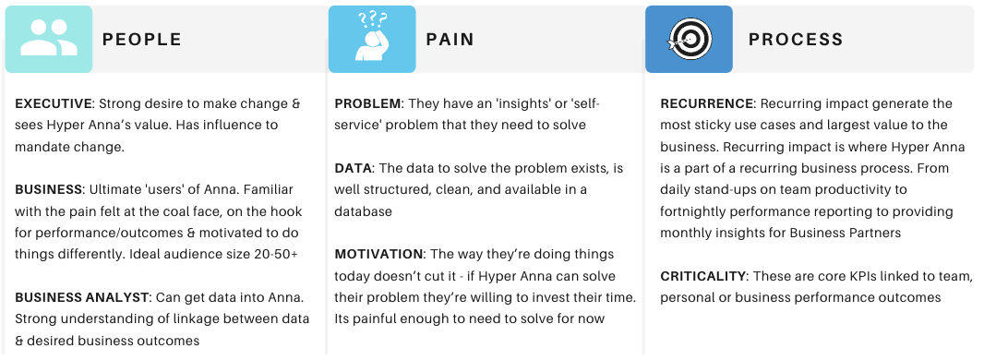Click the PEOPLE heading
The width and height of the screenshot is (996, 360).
pyautogui.click(x=141, y=40)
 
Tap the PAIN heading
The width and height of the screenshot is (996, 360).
pyautogui.click(x=450, y=40)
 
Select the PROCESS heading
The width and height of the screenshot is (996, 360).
pyautogui.click(x=796, y=40)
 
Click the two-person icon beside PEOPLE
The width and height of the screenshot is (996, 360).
pyautogui.click(x=49, y=38)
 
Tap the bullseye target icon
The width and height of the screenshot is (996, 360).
pyautogui.click(x=690, y=40)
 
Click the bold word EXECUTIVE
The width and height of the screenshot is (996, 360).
pyautogui.click(x=54, y=103)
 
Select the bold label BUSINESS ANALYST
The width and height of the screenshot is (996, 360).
pyautogui.click(x=81, y=297)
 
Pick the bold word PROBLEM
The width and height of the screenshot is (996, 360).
pyautogui.click(x=367, y=103)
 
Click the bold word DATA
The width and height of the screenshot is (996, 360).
pyautogui.click(x=353, y=168)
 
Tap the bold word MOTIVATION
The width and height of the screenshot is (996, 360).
pyautogui.click(x=378, y=254)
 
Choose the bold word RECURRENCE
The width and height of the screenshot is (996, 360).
pyautogui.click(x=707, y=103)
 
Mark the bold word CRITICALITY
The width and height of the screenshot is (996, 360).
pyautogui.click(x=702, y=276)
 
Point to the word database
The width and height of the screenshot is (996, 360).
pyautogui.click(x=364, y=211)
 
